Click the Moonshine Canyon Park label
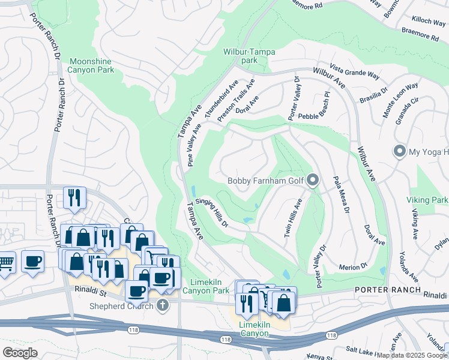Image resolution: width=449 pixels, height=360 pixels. tap(91, 66)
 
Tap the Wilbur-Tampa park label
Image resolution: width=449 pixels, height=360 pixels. tap(249, 56)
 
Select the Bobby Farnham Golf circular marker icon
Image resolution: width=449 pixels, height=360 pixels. tap(312, 179)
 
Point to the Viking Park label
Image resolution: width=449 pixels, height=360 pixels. tap(431, 199)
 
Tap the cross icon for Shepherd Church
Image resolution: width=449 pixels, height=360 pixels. tap(161, 306)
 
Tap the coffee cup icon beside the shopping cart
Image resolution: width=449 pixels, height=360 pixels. tap(33, 261)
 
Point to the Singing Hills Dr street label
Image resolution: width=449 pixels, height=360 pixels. tap(211, 213)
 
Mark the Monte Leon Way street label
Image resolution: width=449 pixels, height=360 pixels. tap(400, 100)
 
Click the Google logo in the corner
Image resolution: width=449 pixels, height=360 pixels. tap(20, 352)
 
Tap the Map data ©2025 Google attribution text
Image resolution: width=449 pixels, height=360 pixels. tap(412, 355)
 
